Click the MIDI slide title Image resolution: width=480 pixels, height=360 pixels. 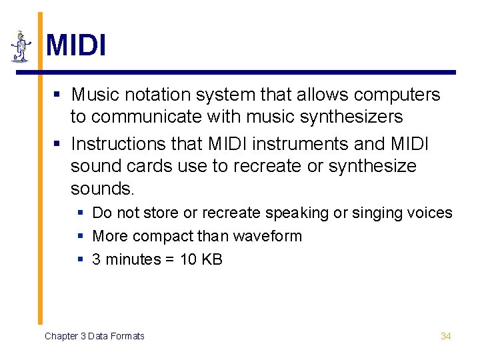(x=76, y=45)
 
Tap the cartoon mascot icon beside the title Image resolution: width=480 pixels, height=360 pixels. (x=21, y=47)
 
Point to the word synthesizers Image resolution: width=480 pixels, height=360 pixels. (x=345, y=117)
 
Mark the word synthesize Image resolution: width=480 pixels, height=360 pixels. (x=374, y=166)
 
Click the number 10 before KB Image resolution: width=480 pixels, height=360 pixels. (x=189, y=259)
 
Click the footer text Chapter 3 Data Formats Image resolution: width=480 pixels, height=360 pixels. (x=95, y=336)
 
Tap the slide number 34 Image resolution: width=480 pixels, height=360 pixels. (x=446, y=336)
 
